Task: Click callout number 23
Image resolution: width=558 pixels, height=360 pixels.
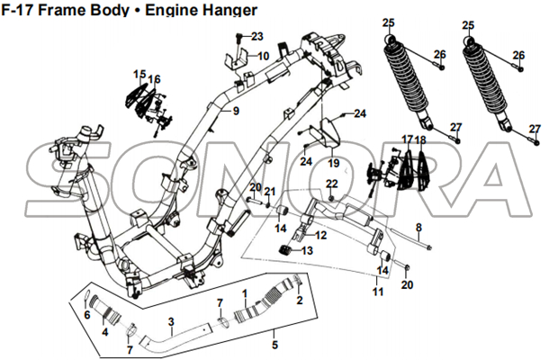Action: click(x=256, y=37)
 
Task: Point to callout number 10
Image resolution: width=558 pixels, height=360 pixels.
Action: click(x=264, y=56)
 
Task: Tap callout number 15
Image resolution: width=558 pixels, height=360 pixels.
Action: click(x=139, y=74)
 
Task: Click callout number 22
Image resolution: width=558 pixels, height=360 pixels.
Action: click(x=331, y=184)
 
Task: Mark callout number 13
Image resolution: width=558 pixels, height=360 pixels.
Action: click(x=308, y=250)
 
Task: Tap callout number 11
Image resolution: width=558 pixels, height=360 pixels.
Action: click(x=378, y=292)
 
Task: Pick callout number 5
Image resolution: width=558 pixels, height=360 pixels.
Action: click(x=275, y=343)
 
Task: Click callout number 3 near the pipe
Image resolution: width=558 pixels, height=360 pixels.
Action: click(x=171, y=321)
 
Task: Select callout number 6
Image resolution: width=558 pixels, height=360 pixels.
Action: click(x=86, y=315)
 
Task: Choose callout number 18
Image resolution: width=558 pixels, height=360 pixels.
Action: click(x=420, y=140)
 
